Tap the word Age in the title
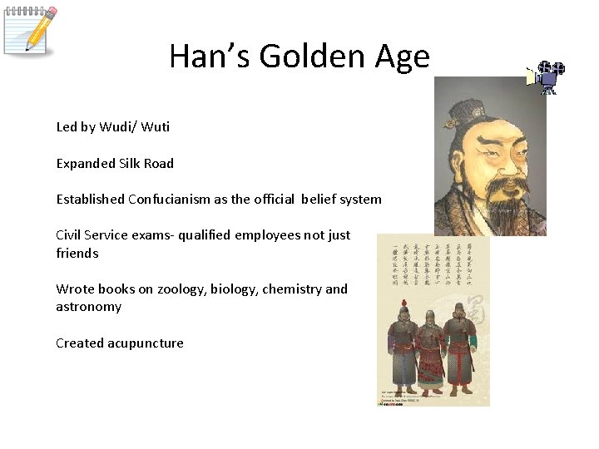pos(401,57)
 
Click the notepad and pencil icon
pos(30,30)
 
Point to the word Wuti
pos(156,127)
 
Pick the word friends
pos(77,253)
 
